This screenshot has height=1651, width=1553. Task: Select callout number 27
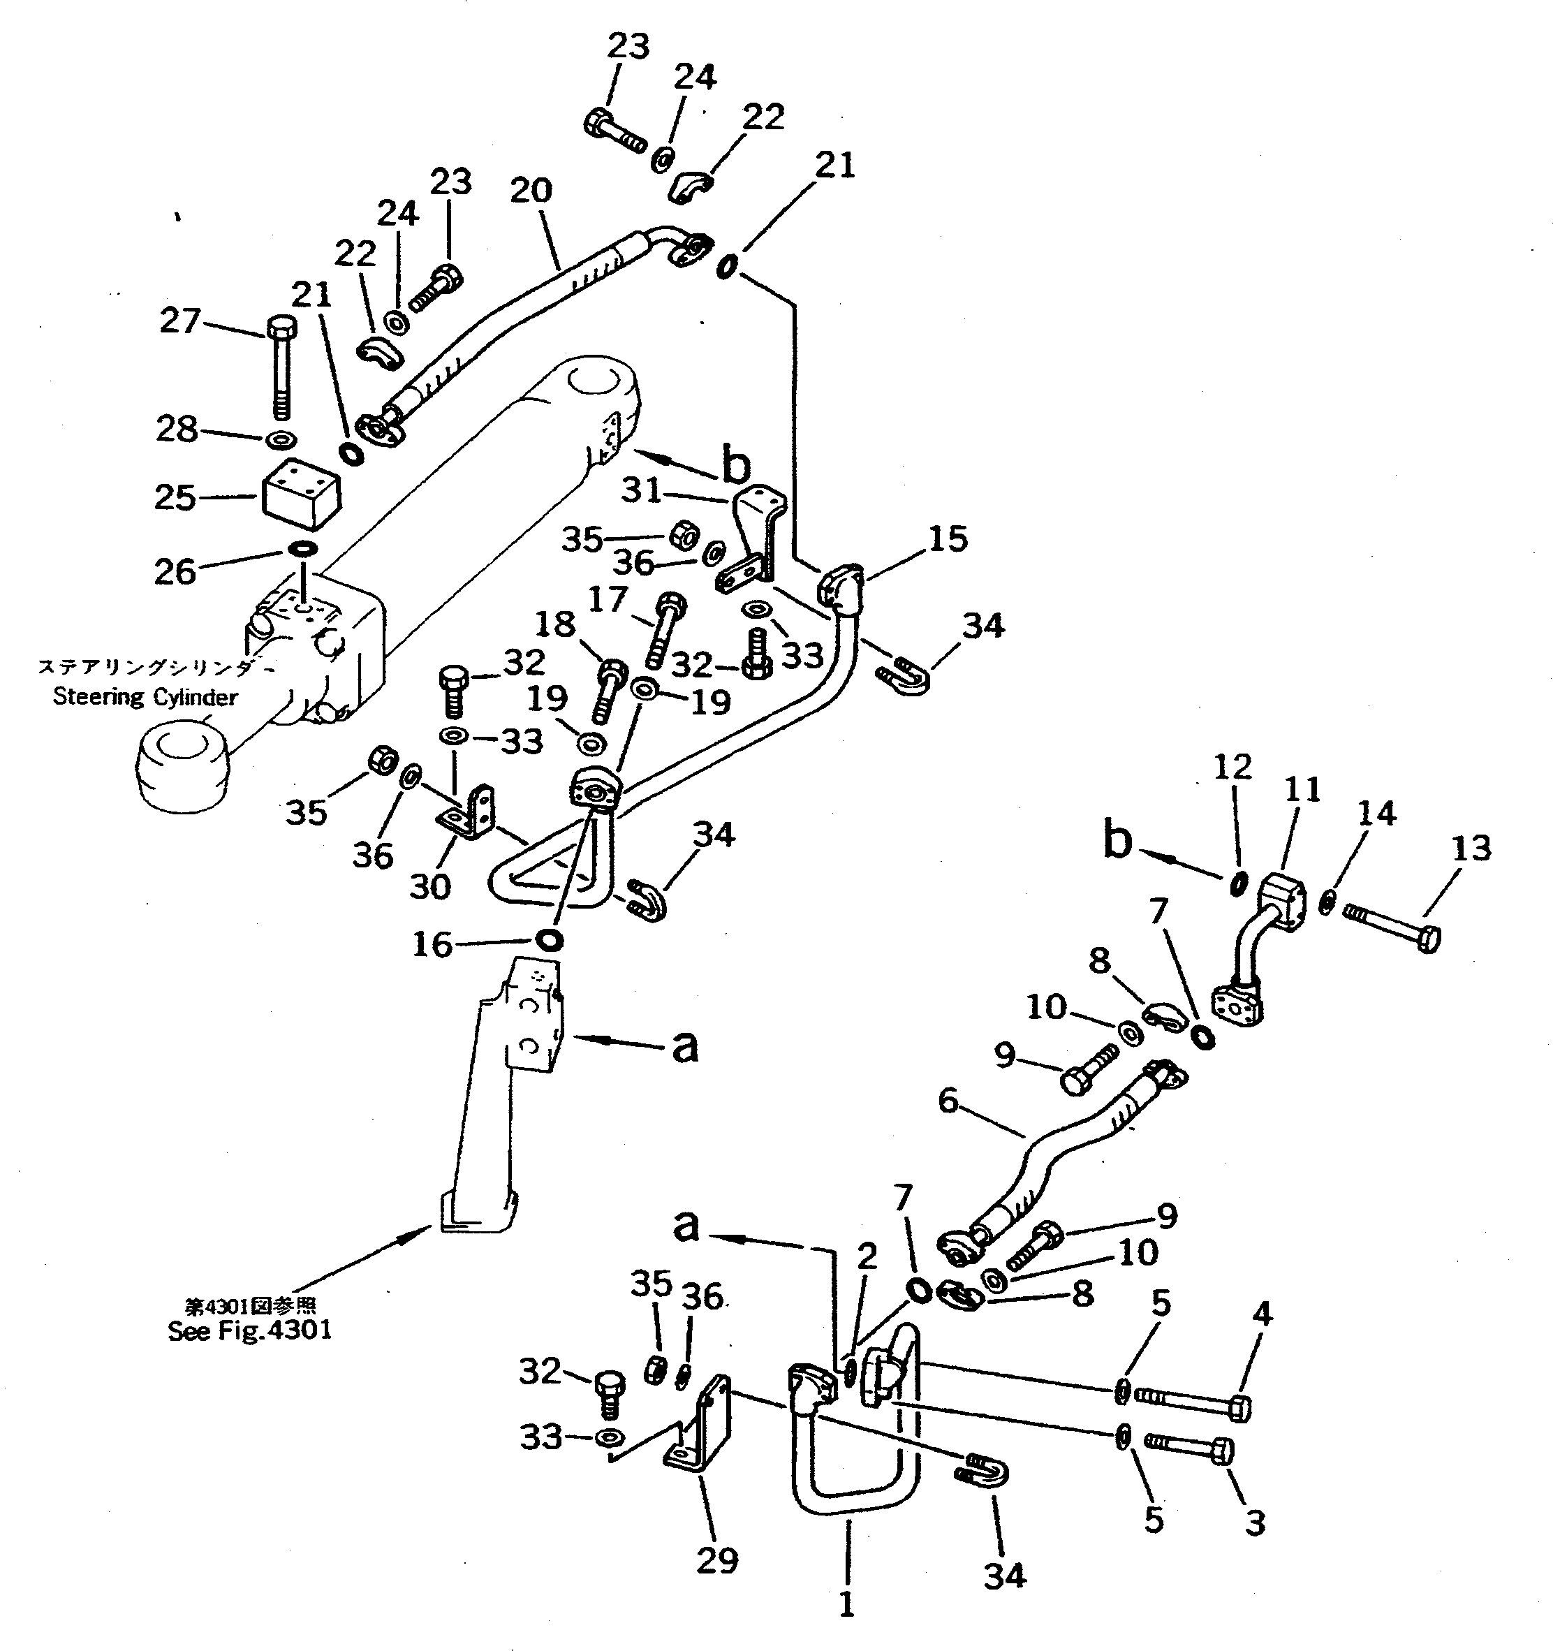click(x=180, y=320)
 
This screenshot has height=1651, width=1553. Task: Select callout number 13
click(x=1471, y=847)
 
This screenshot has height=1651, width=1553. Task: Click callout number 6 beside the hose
click(x=948, y=1101)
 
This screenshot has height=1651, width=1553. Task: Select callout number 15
click(x=948, y=538)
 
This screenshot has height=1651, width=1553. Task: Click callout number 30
click(x=429, y=886)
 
